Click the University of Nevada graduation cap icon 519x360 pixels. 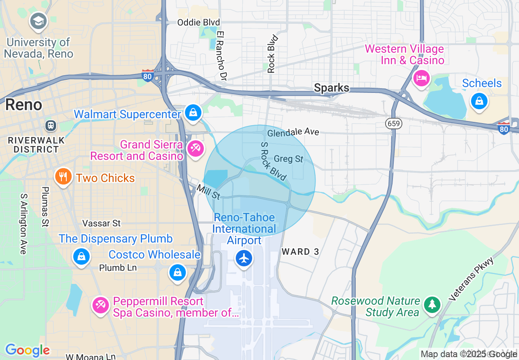pyautogui.click(x=38, y=22)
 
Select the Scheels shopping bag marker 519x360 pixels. pyautogui.click(x=479, y=101)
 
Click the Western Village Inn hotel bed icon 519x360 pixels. pyautogui.click(x=421, y=77)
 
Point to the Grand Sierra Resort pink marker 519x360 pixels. pyautogui.click(x=195, y=148)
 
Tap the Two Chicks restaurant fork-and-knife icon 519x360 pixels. pyautogui.click(x=63, y=177)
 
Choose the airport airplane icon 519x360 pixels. pyautogui.click(x=244, y=258)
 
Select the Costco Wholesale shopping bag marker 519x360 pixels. pyautogui.click(x=177, y=272)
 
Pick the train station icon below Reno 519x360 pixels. pyautogui.click(x=51, y=125)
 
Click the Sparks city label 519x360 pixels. pyautogui.click(x=332, y=88)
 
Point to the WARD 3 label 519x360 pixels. pyautogui.click(x=300, y=252)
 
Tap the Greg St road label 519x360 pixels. pyautogui.click(x=288, y=159)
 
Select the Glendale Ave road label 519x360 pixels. pyautogui.click(x=293, y=132)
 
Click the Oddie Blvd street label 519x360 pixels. pyautogui.click(x=198, y=22)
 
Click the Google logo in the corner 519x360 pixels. pyautogui.click(x=27, y=350)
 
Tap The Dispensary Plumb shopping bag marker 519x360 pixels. pyautogui.click(x=81, y=256)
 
